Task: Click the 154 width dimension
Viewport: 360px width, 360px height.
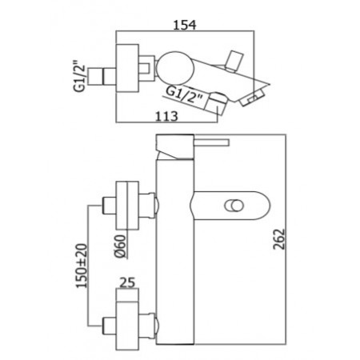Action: (186, 25)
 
